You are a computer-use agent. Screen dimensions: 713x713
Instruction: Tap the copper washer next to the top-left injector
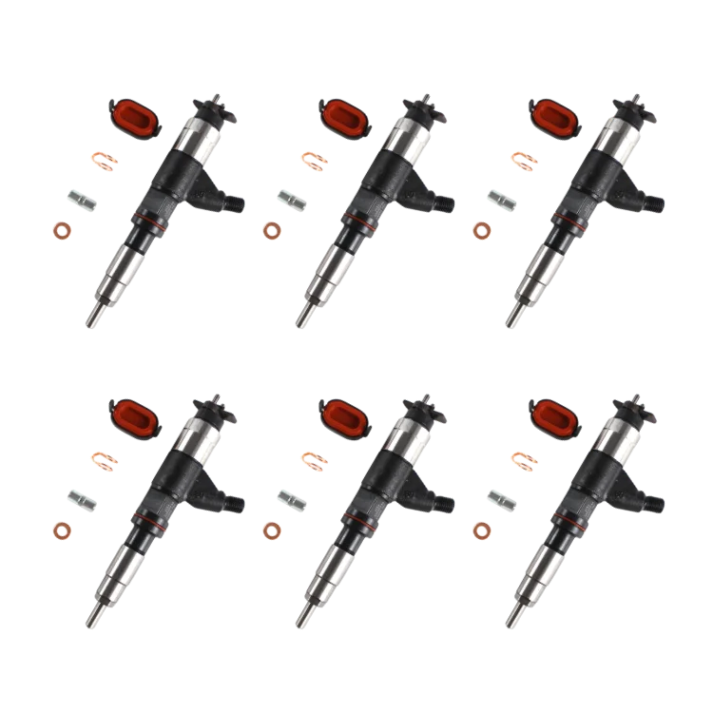point(62,230)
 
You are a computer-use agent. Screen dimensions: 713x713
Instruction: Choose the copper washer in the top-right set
point(483,230)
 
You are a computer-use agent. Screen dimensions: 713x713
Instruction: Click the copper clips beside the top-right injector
point(524,159)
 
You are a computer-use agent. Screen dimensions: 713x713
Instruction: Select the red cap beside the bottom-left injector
point(130,415)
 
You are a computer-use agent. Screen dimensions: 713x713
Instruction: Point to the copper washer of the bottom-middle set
point(272,530)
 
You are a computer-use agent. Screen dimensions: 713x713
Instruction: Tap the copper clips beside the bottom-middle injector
point(313,460)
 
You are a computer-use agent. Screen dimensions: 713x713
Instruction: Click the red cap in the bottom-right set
point(552,415)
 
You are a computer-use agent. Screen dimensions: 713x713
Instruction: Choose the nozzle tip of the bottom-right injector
point(512,620)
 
